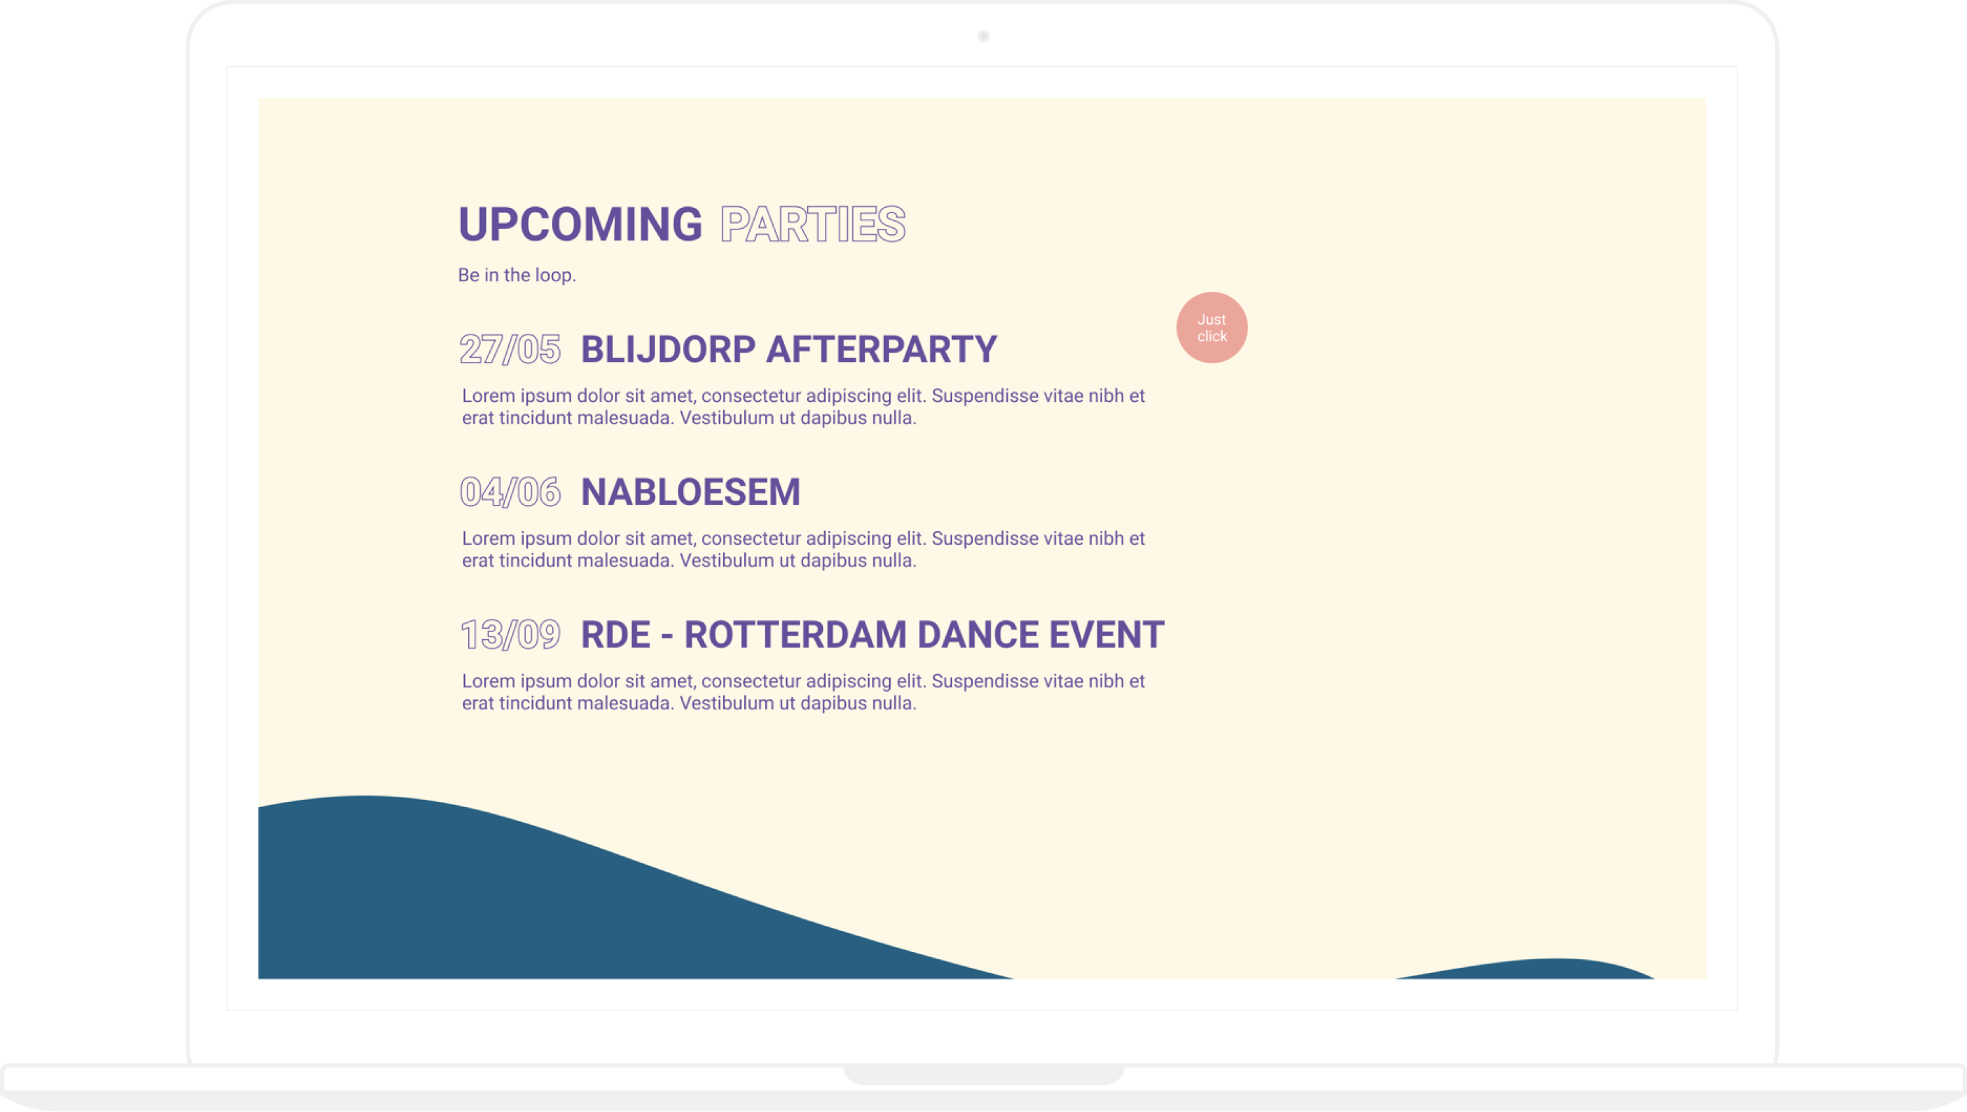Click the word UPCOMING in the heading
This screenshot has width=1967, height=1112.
click(580, 224)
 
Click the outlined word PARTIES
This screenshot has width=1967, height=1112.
click(813, 224)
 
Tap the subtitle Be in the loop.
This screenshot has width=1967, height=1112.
click(517, 275)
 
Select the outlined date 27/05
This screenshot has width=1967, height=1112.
click(510, 349)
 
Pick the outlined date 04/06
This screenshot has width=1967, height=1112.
click(510, 492)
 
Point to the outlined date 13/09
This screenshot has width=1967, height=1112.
click(510, 635)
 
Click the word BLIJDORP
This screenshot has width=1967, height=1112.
click(668, 349)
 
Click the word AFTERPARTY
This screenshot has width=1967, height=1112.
click(882, 349)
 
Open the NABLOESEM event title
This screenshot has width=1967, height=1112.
click(690, 492)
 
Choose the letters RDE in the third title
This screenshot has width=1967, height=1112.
click(616, 635)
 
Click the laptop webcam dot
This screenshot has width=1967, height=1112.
click(983, 36)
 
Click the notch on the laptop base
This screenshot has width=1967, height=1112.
click(983, 1075)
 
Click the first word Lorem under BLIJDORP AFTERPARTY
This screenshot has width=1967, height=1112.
click(488, 395)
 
